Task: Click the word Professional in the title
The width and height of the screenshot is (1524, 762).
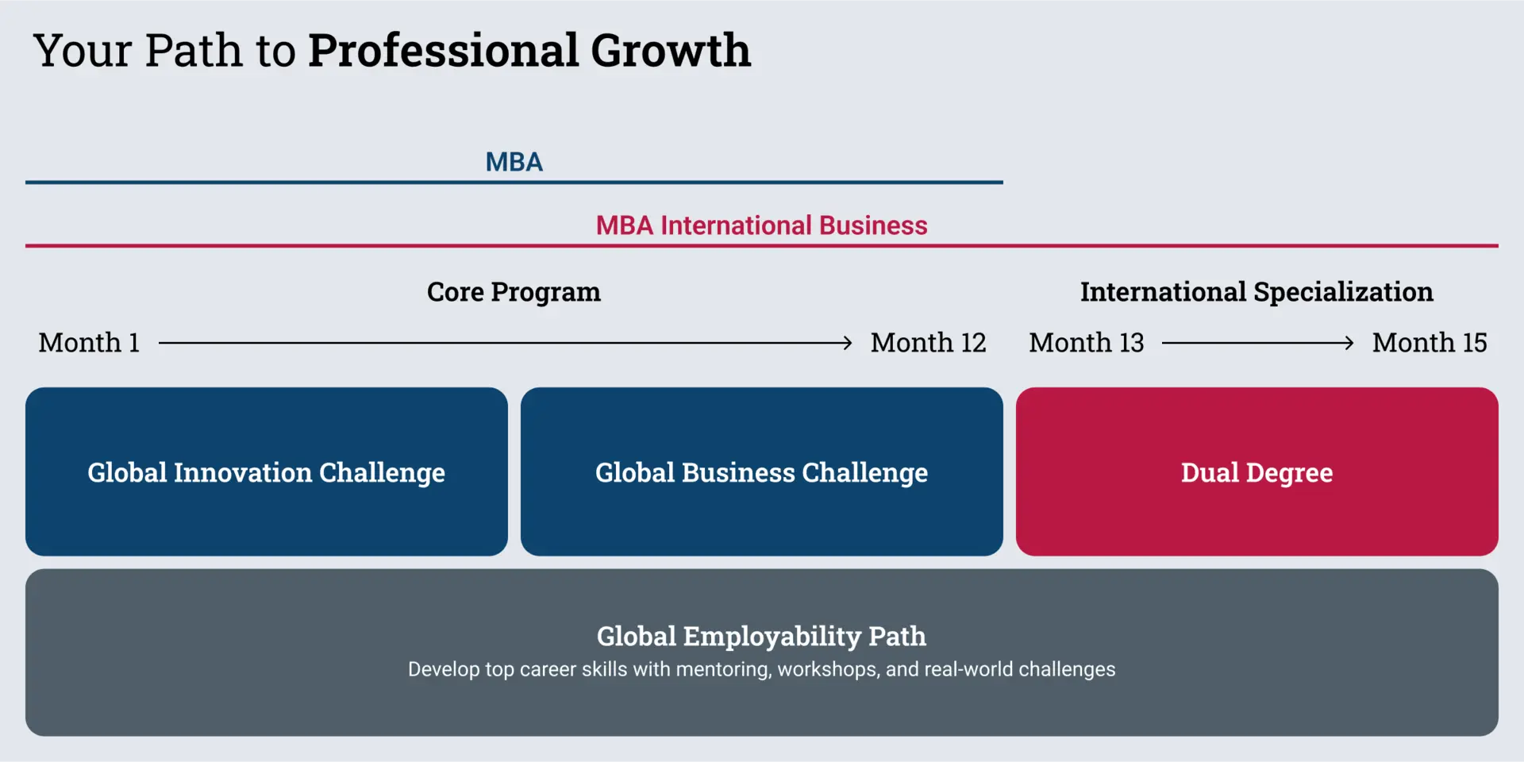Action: (x=443, y=51)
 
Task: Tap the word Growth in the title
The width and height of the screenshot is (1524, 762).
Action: (x=671, y=51)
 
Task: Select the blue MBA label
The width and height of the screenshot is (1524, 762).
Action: (x=514, y=162)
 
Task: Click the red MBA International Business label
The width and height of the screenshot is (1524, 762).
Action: (x=762, y=225)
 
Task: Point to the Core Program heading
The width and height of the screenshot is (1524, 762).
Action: (x=514, y=292)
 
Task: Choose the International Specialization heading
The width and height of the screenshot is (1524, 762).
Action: (x=1257, y=292)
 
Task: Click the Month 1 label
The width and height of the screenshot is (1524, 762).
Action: (x=89, y=343)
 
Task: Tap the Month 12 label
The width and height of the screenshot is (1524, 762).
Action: (x=929, y=343)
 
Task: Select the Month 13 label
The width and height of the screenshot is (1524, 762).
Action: (x=1087, y=343)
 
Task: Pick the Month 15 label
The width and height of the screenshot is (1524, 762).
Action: (x=1430, y=343)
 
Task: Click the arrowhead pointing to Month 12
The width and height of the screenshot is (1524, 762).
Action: (x=848, y=343)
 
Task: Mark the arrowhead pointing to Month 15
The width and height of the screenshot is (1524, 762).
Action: (x=1349, y=343)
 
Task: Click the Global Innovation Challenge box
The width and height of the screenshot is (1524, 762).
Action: (x=267, y=471)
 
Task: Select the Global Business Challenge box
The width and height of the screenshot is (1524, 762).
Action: (x=762, y=471)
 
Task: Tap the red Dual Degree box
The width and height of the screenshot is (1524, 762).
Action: (x=1257, y=471)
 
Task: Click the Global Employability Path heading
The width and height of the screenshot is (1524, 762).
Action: (x=762, y=636)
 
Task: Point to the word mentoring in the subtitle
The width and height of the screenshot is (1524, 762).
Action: (x=723, y=670)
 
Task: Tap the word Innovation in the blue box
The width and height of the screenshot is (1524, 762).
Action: (x=243, y=472)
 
